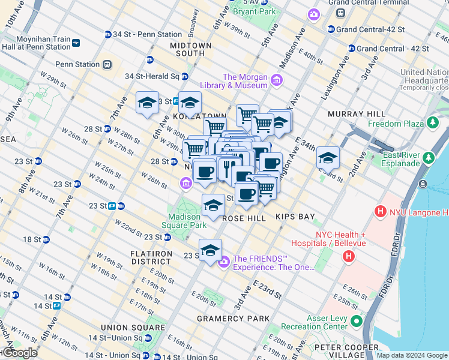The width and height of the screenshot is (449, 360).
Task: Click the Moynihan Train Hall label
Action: (36, 42)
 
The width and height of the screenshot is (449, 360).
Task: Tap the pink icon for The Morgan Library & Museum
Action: (276, 80)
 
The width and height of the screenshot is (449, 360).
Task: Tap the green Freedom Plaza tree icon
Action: (431, 124)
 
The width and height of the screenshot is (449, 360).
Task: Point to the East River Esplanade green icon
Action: (428, 158)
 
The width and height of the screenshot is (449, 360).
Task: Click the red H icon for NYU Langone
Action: (379, 212)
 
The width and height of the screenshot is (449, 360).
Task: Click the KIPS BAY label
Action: (295, 216)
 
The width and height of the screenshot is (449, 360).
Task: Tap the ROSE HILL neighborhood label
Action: (244, 218)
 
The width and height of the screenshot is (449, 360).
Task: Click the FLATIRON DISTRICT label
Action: (151, 257)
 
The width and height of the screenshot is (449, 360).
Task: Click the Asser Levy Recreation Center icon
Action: (357, 322)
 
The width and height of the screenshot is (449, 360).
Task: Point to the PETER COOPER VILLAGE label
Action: (346, 347)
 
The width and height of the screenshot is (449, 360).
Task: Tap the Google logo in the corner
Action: (19, 353)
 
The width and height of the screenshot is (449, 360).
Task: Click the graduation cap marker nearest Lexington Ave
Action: (328, 158)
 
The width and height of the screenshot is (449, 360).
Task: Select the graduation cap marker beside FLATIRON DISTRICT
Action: (210, 251)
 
